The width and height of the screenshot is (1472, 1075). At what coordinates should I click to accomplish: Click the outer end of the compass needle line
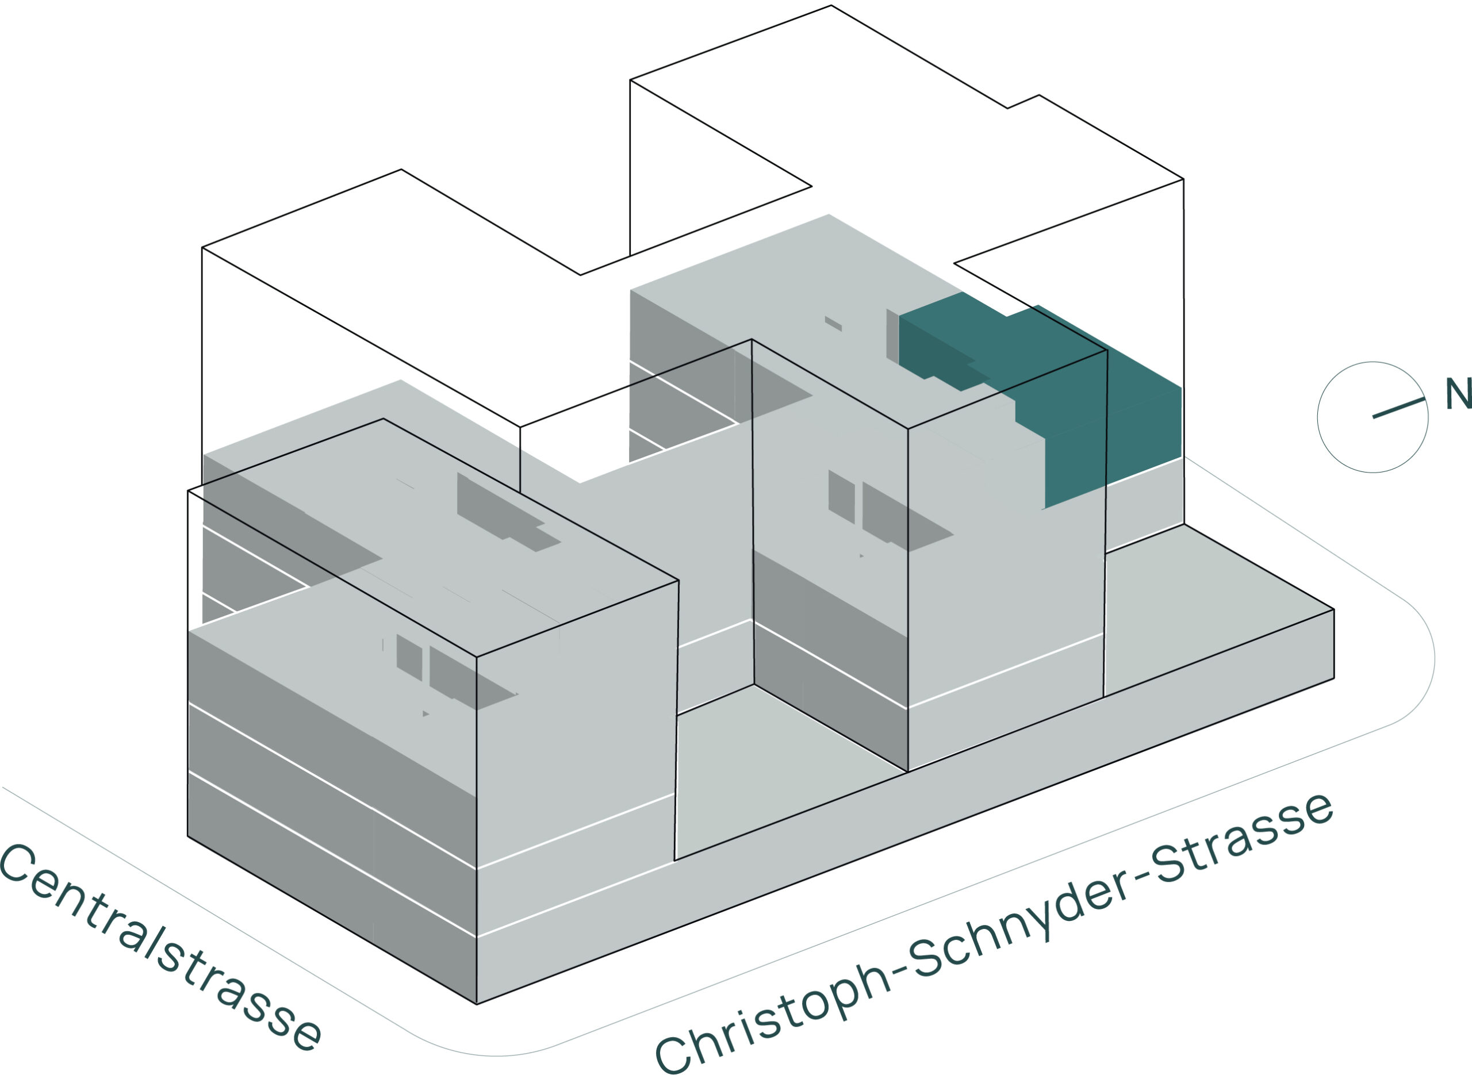click(x=1424, y=399)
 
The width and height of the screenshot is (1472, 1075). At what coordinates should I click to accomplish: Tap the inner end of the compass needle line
click(x=1373, y=417)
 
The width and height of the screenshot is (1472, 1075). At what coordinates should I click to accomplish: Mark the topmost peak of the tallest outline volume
click(x=831, y=6)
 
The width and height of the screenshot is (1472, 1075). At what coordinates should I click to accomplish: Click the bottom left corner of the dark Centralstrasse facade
click(x=188, y=836)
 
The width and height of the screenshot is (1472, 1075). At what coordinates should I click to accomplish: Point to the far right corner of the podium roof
click(x=1334, y=610)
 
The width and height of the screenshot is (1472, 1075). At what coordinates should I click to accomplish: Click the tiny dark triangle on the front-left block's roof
click(x=425, y=714)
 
